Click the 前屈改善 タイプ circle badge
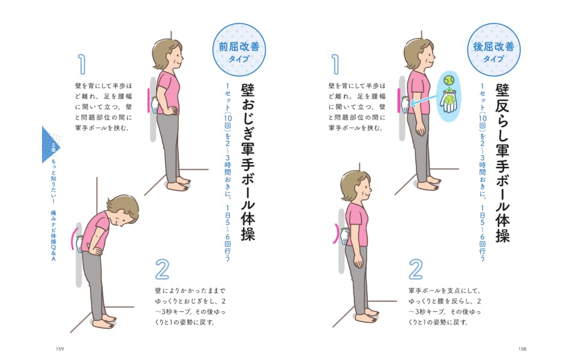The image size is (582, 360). pos(239,50)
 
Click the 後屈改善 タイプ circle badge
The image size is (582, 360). pos(494,50)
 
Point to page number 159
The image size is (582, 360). pos(60,349)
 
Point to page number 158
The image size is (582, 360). pos(522,349)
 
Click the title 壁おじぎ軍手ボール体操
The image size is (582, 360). pos(248,162)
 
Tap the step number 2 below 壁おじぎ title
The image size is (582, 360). pos(162,269)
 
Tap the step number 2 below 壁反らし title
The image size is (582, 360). pos(416,269)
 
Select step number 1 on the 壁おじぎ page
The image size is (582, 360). pos(82,64)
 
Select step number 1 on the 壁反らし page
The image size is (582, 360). pos(335,64)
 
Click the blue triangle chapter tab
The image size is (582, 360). pos(50,145)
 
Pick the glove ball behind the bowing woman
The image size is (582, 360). pos(80,244)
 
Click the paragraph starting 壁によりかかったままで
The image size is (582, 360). pos(190,307)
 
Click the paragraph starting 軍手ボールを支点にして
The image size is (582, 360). pos(445,307)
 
